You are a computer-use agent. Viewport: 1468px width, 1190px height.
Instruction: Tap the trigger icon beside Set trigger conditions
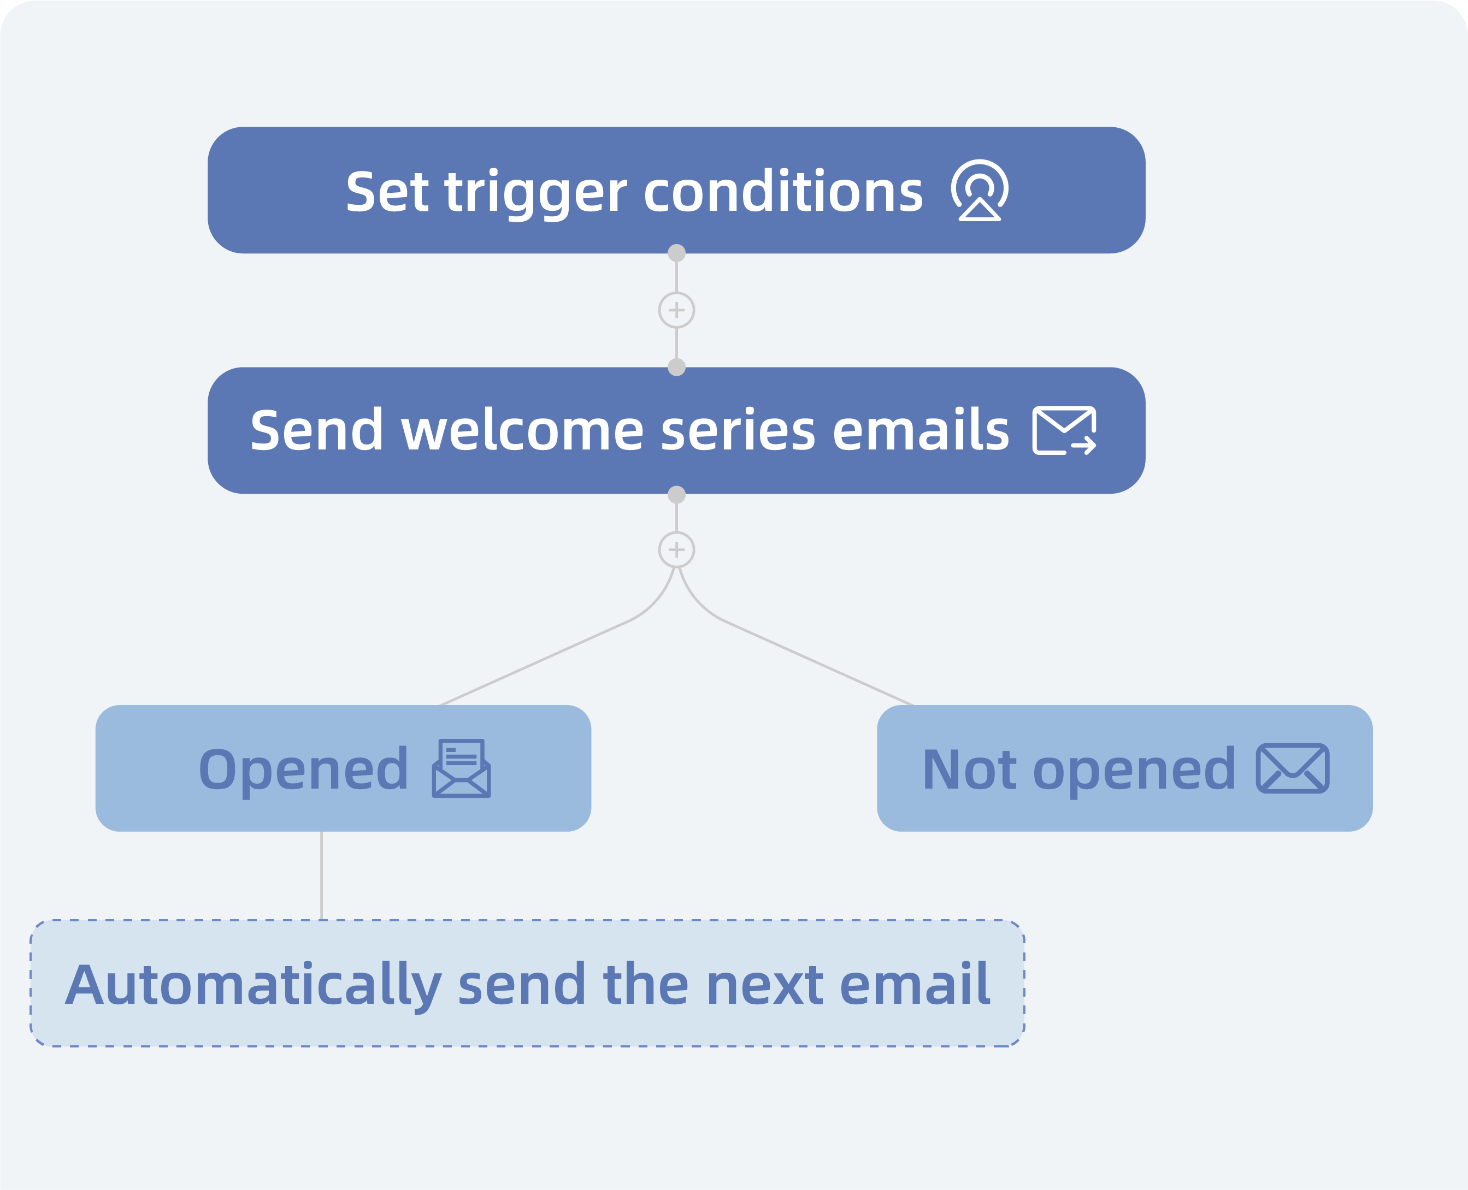(979, 191)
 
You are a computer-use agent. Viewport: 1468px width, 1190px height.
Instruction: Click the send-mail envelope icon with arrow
(1065, 430)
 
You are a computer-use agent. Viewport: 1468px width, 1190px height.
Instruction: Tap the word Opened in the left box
(304, 771)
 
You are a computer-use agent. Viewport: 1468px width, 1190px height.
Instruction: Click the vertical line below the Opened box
(322, 876)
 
